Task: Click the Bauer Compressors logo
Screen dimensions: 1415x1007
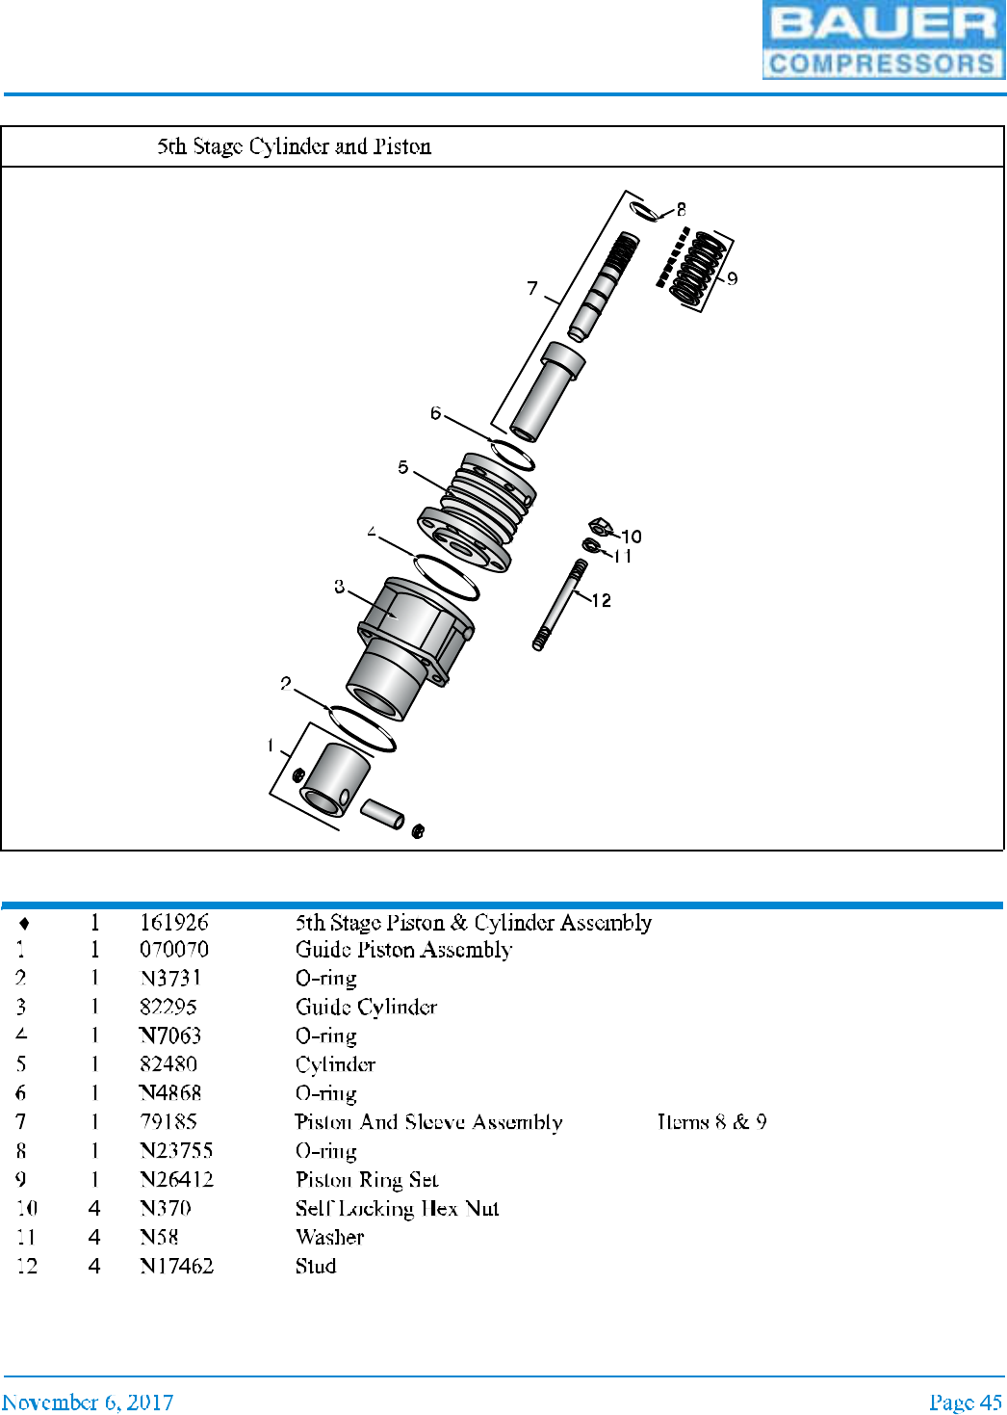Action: point(883,40)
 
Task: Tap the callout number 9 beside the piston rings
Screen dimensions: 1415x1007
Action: point(733,278)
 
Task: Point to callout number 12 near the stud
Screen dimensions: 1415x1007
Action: point(602,601)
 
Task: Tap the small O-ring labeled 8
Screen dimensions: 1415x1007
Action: point(644,210)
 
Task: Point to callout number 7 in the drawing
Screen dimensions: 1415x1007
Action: point(532,288)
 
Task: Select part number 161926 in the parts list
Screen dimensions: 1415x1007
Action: point(173,923)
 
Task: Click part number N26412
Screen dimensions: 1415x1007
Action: point(176,1180)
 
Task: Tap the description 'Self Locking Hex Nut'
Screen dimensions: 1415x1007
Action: point(397,1209)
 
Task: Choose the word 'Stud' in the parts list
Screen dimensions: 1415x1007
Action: point(316,1267)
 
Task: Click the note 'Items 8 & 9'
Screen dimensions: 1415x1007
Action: point(711,1122)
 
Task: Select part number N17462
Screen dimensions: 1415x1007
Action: point(176,1267)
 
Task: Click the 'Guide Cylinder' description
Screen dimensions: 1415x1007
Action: point(366,1008)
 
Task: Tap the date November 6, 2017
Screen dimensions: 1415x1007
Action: point(88,1402)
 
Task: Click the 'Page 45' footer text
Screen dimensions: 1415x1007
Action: point(965,1402)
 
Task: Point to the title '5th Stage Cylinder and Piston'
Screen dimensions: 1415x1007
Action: point(294,146)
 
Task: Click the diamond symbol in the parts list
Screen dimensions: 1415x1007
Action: point(24,924)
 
